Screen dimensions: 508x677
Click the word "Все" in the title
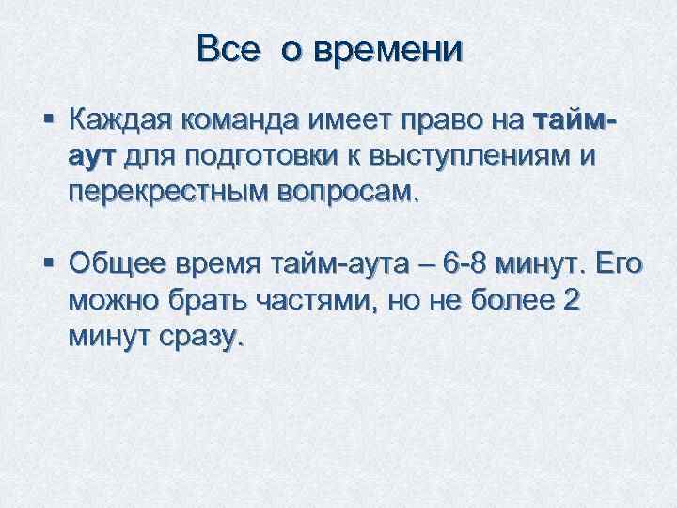pyautogui.click(x=227, y=49)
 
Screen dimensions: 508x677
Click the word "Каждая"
pyautogui.click(x=118, y=120)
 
